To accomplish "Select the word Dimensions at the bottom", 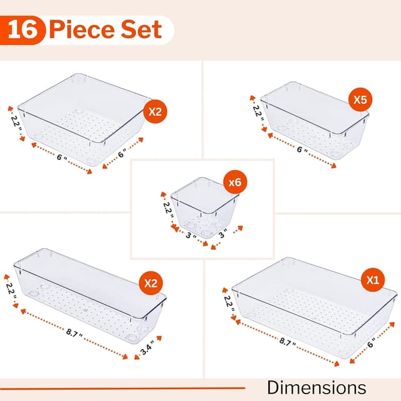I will tap(316, 387).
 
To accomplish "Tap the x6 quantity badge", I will tap(235, 183).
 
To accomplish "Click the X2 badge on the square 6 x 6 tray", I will tap(155, 112).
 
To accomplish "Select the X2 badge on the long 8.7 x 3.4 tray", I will tap(150, 283).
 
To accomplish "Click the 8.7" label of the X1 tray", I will tap(289, 342).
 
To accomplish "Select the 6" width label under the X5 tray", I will tap(302, 151).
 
